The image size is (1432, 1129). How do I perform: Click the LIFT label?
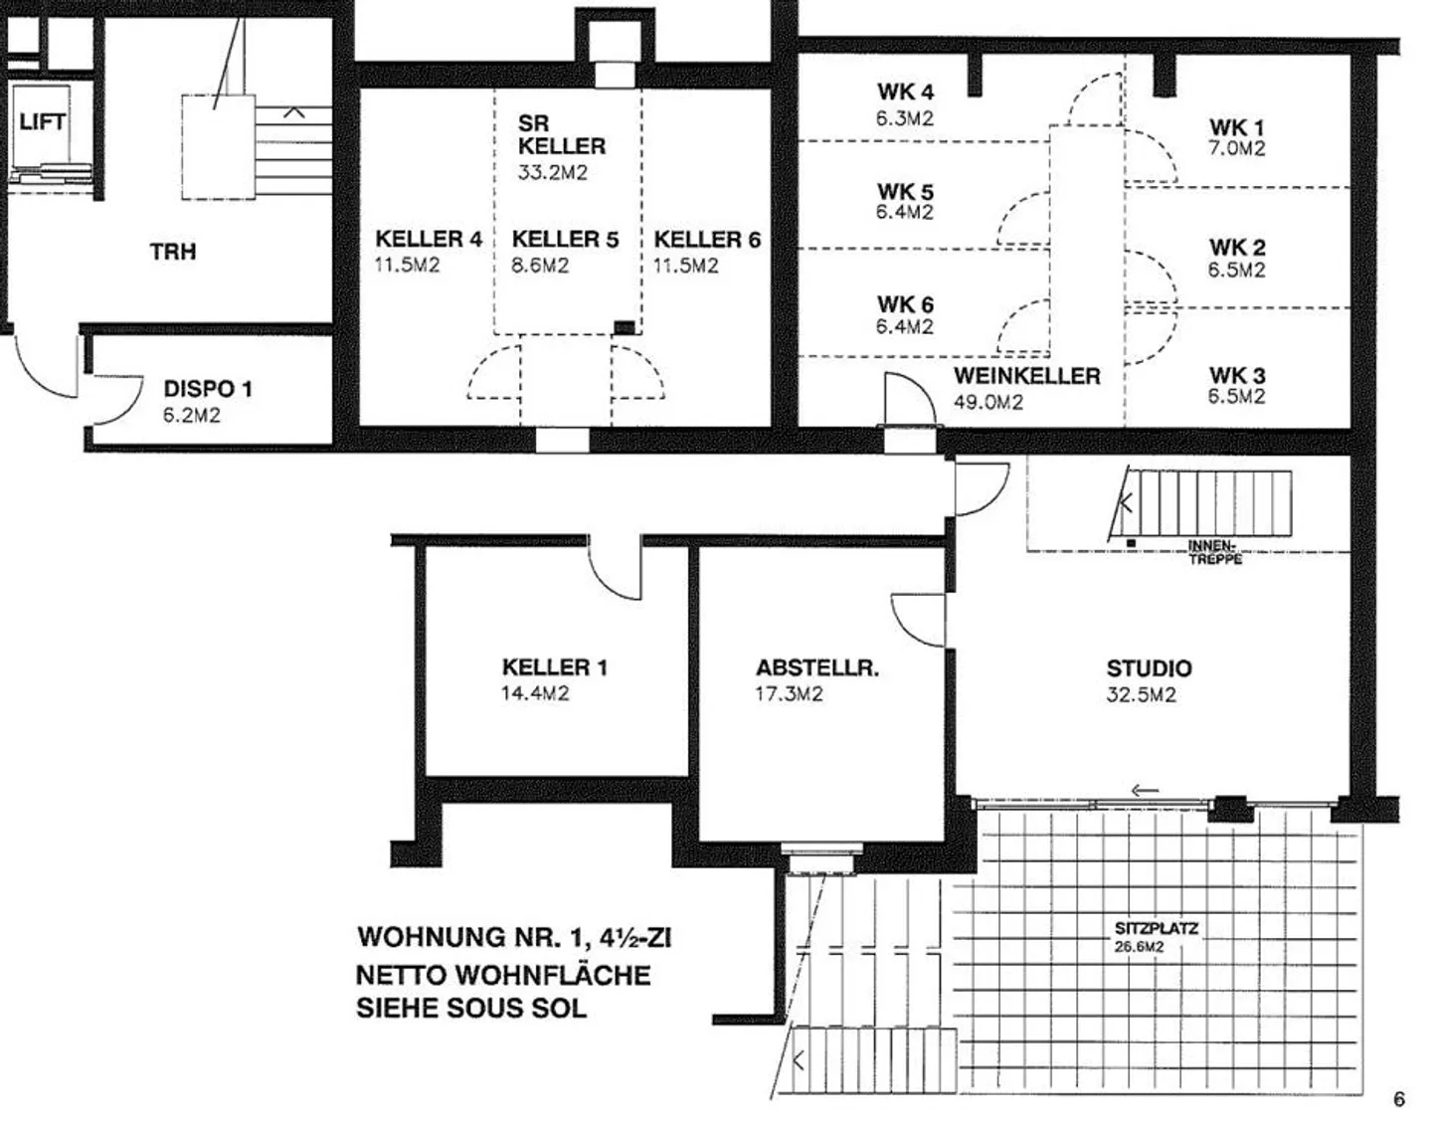[x=42, y=121]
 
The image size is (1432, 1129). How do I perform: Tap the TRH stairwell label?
[x=173, y=252]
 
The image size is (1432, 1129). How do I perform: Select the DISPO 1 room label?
[x=208, y=389]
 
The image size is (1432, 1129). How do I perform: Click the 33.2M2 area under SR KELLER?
[x=553, y=172]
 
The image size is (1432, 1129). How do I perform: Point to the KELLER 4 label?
[x=429, y=239]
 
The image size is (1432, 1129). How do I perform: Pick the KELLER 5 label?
[x=565, y=239]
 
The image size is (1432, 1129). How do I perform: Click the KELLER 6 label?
[x=707, y=239]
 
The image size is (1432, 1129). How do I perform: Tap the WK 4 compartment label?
[x=906, y=92]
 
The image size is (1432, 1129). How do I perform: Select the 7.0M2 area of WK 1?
[x=1237, y=148]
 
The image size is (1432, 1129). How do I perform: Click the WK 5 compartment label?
[x=906, y=192]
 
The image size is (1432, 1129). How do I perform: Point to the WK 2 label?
[x=1238, y=248]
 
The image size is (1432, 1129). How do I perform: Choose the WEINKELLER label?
[x=1026, y=376]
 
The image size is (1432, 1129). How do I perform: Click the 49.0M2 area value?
[x=988, y=403]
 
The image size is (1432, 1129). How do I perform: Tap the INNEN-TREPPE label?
[x=1215, y=553]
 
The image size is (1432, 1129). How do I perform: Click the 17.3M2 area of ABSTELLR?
[x=789, y=694]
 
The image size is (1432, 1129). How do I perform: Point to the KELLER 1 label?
[x=555, y=667]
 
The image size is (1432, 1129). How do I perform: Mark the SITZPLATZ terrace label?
[x=1157, y=928]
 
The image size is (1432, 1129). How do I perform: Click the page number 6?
[x=1399, y=1099]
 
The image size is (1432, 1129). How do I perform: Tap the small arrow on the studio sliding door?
[x=1146, y=791]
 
